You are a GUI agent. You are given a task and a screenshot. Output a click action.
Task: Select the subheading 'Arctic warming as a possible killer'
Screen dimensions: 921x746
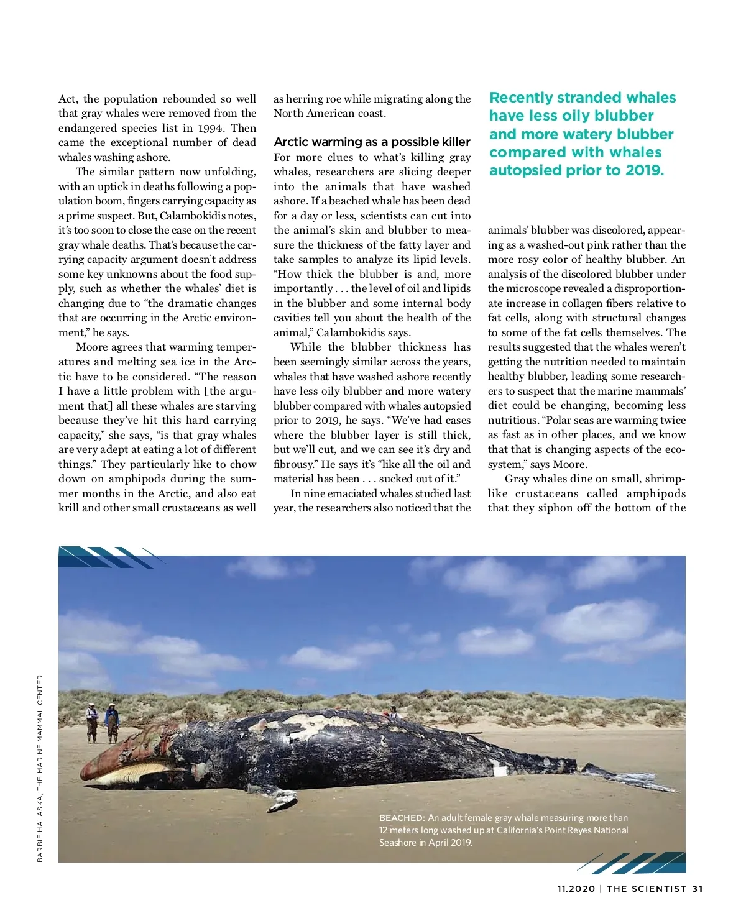(x=372, y=142)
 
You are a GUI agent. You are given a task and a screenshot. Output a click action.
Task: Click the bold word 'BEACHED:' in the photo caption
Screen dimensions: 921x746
(x=402, y=818)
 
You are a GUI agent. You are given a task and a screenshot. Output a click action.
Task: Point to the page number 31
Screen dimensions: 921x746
(x=697, y=889)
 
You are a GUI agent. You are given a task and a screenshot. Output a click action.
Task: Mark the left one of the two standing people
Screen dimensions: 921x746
(x=92, y=722)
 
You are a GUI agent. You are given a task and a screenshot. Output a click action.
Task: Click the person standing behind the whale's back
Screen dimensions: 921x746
(x=394, y=712)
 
